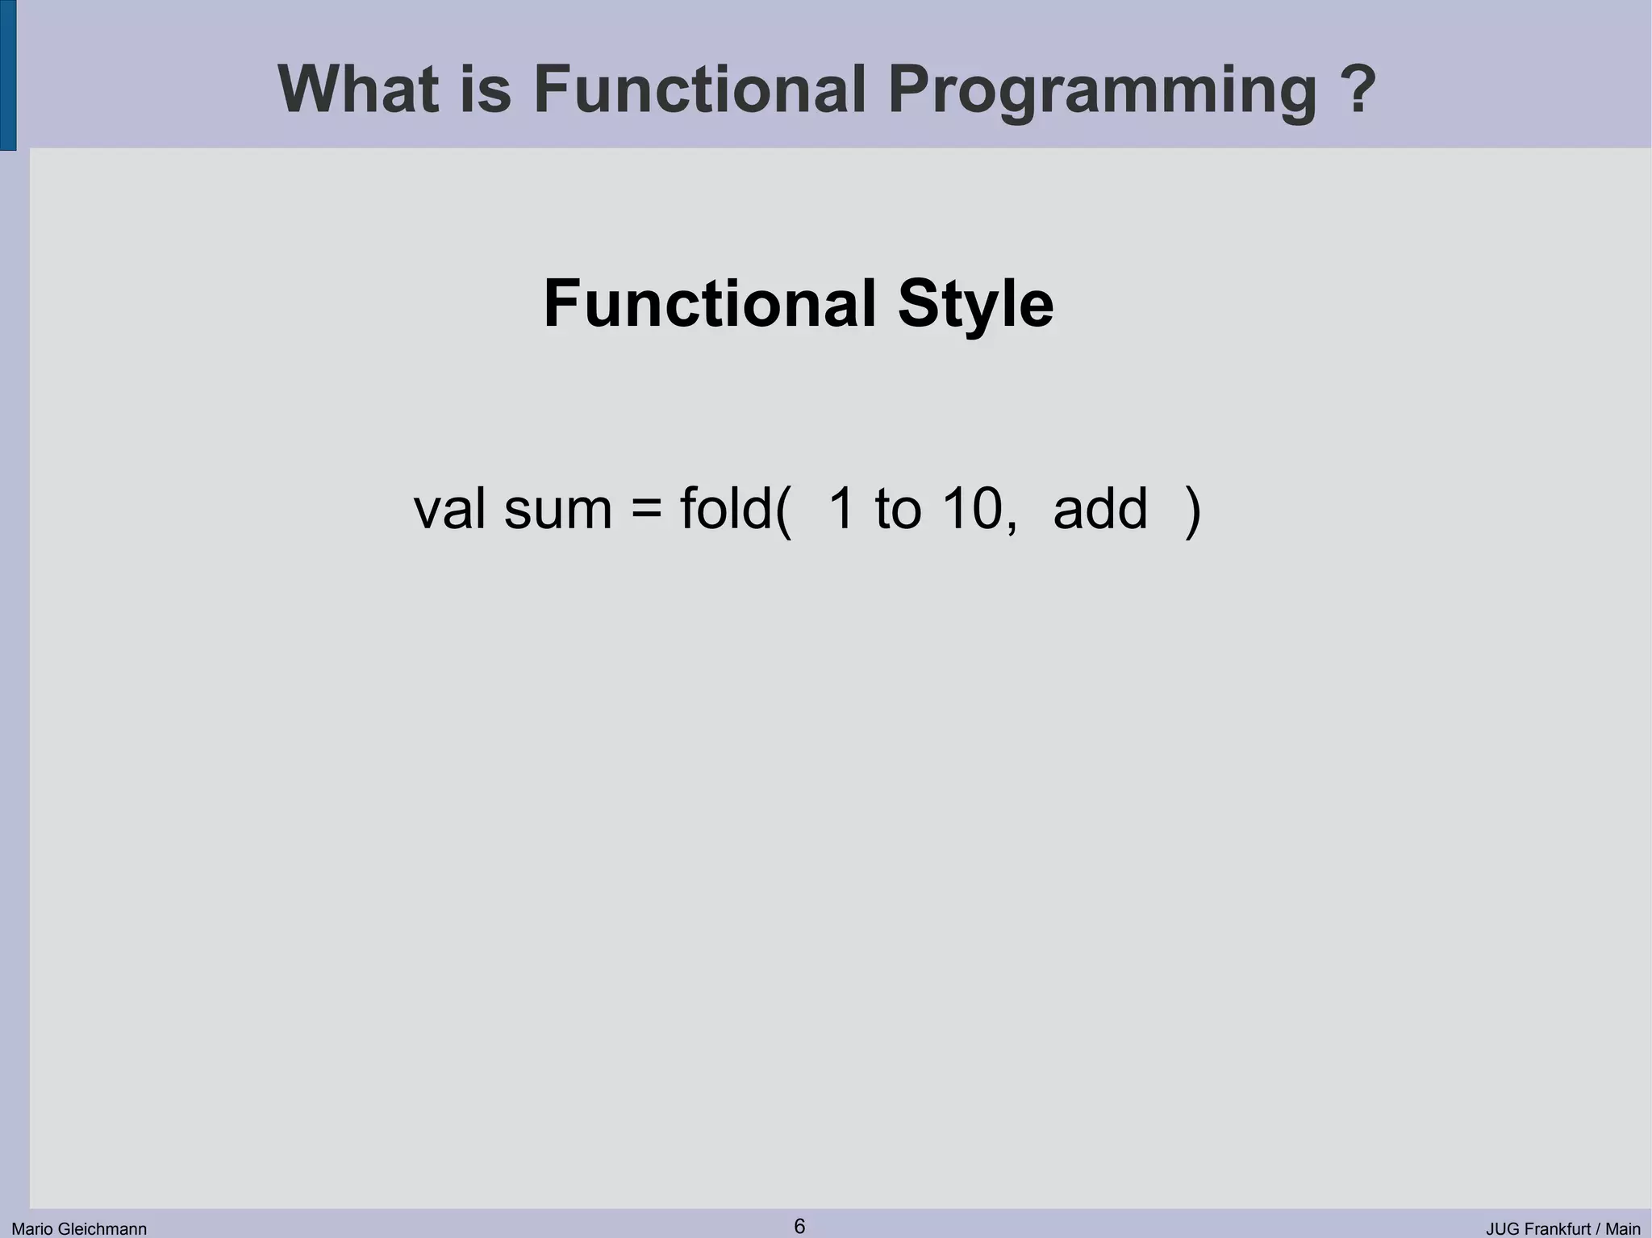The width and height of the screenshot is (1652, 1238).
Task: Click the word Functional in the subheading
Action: [x=710, y=304]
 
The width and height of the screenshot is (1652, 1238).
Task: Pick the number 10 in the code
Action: [x=972, y=510]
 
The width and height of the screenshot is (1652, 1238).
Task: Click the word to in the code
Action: [x=898, y=510]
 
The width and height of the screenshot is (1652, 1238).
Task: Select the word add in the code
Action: [x=1099, y=510]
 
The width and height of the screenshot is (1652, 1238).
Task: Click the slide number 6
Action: [x=799, y=1226]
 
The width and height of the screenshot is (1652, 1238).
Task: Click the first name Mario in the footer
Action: [x=31, y=1229]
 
